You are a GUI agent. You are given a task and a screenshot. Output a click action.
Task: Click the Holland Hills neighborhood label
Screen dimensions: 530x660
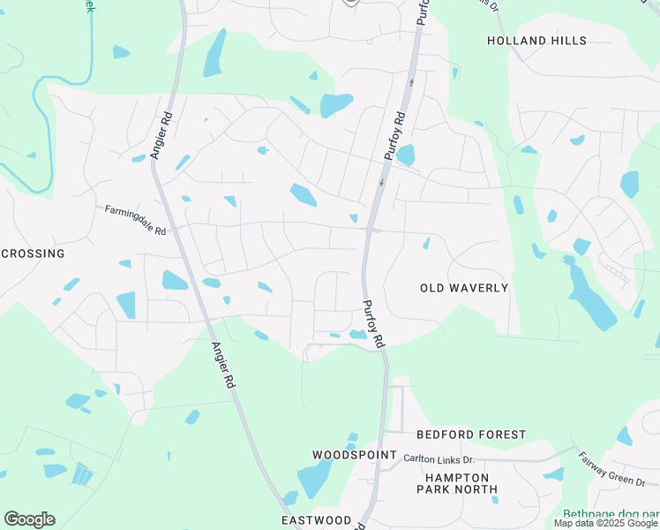tap(536, 41)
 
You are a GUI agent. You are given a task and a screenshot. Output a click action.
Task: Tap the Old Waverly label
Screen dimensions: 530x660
tap(464, 288)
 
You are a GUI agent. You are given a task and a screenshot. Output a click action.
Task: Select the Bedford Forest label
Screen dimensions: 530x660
tap(471, 435)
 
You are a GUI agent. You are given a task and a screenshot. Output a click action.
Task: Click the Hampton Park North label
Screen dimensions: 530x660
tap(458, 482)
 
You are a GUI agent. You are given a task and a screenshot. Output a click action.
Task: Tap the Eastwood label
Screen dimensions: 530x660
tap(317, 520)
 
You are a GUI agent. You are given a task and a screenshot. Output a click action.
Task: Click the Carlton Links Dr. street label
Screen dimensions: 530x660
tap(439, 459)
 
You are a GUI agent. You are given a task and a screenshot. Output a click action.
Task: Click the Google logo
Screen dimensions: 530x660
tap(29, 519)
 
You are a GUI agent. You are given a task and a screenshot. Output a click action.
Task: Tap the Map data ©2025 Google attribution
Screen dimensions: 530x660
tap(606, 524)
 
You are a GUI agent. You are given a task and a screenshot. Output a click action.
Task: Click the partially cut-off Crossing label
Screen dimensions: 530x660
tap(33, 254)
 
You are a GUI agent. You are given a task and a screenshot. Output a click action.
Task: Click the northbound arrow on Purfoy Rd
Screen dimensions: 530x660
tap(411, 83)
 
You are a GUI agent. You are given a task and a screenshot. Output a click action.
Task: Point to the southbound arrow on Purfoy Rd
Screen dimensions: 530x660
tap(381, 183)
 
